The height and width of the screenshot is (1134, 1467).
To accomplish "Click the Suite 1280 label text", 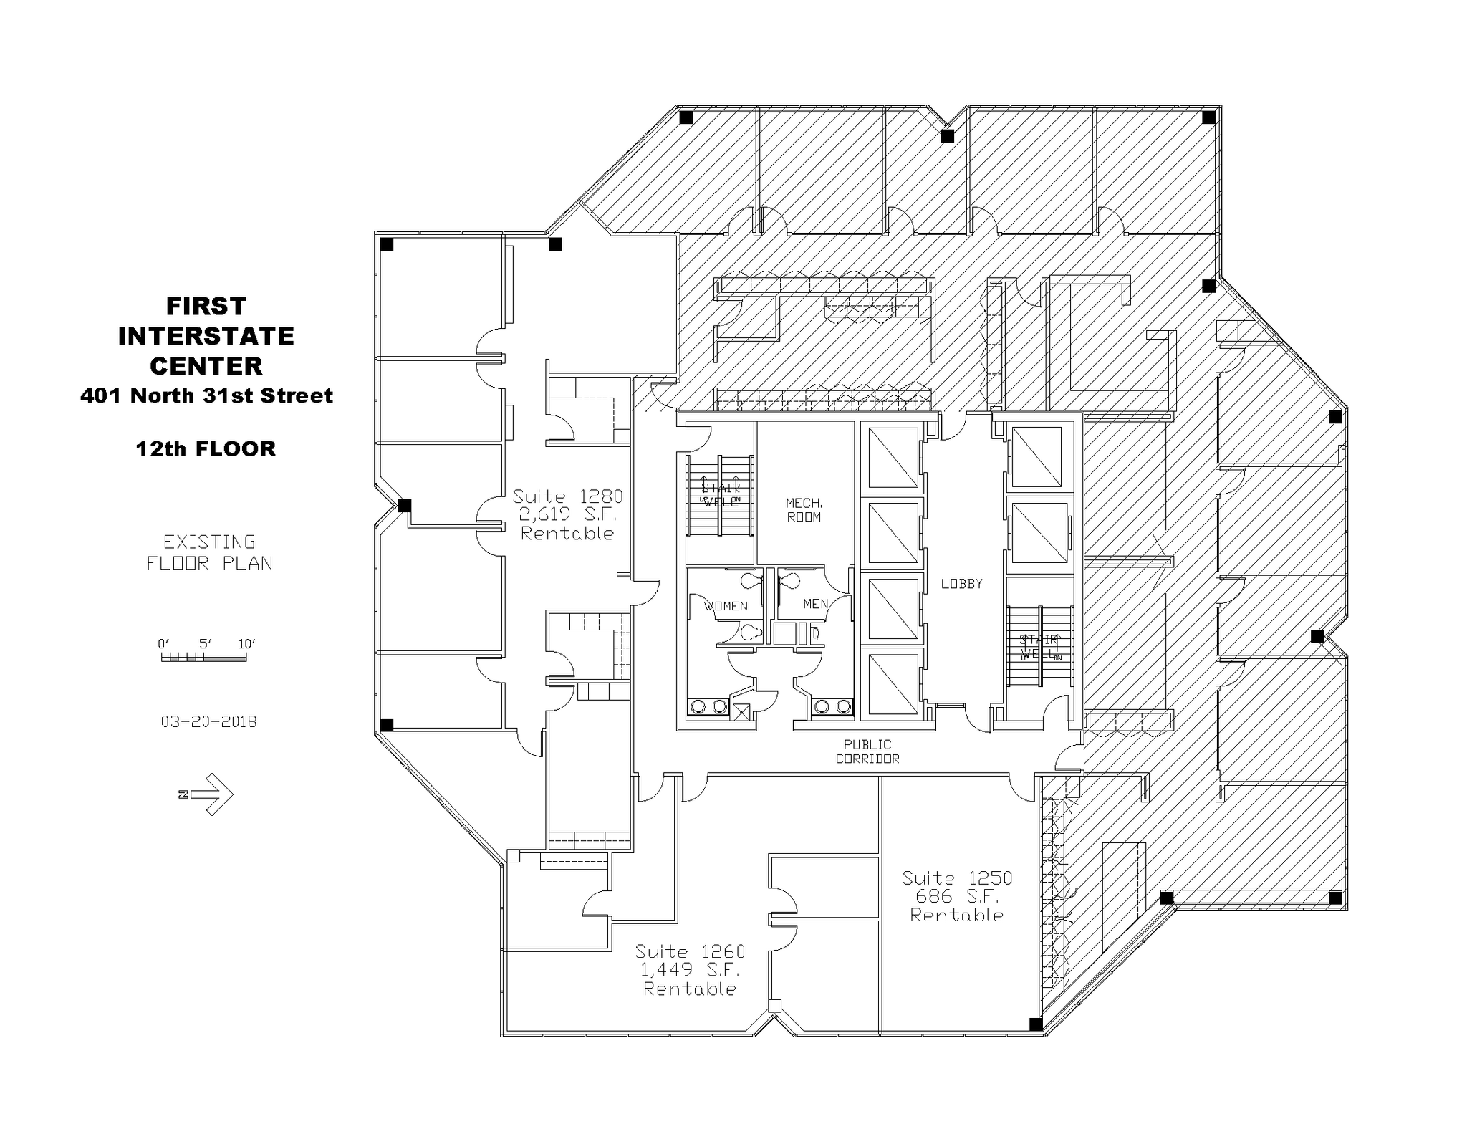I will click(x=567, y=496).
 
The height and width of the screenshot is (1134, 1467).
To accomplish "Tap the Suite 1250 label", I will click(x=957, y=878).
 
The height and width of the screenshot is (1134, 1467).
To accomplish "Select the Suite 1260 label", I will click(x=690, y=952).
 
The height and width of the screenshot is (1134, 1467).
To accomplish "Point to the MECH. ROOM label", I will click(x=804, y=510).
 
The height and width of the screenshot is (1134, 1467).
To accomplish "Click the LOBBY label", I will click(x=961, y=584).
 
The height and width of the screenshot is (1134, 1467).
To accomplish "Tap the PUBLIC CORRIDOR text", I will click(x=867, y=751).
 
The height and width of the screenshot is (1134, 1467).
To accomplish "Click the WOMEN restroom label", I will click(x=726, y=606).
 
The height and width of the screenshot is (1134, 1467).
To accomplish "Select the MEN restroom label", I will click(x=815, y=604).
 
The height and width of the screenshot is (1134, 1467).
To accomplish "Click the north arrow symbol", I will click(x=208, y=794).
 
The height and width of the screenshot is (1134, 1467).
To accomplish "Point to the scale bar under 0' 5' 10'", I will click(x=204, y=658).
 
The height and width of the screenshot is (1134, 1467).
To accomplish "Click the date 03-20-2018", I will click(x=208, y=721).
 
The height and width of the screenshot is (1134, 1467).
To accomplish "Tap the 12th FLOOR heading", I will click(x=206, y=449).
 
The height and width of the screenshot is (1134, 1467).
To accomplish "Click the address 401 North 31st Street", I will click(x=206, y=395).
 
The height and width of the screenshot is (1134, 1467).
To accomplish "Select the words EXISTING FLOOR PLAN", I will click(x=209, y=552).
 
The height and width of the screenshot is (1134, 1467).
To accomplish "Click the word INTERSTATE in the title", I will click(x=206, y=336).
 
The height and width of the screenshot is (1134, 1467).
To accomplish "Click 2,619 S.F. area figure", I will click(x=567, y=514).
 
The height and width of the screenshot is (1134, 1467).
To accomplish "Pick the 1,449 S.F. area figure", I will click(x=690, y=970).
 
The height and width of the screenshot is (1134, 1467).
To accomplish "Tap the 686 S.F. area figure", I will click(x=957, y=896).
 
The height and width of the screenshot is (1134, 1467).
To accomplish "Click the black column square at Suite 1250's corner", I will click(x=1036, y=1024).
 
